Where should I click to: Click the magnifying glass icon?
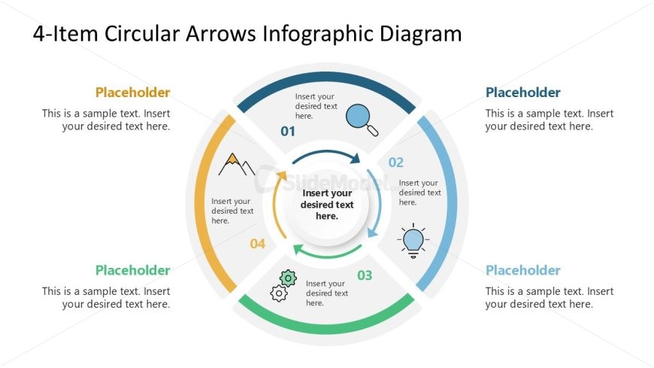(362, 119)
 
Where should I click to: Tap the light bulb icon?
(413, 240)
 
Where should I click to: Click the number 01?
(288, 132)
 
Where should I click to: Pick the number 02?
(396, 162)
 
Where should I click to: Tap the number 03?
(365, 275)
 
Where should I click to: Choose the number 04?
(258, 244)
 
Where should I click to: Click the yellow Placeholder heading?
(132, 93)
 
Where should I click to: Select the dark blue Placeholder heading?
(523, 93)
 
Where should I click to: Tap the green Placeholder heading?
(132, 270)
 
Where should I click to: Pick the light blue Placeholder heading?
(523, 270)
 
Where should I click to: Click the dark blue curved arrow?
(326, 154)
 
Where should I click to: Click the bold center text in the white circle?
(327, 205)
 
